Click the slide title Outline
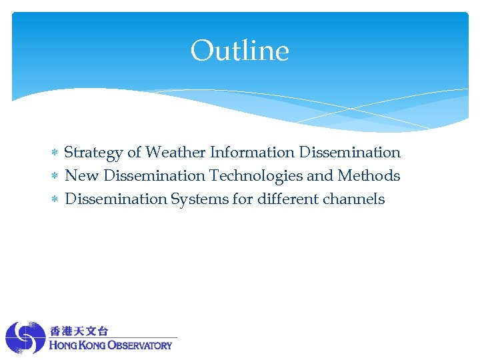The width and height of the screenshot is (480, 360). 240,51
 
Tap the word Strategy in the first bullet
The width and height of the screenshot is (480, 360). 93,153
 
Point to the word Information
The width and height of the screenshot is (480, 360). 253,153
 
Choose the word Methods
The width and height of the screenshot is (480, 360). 369,176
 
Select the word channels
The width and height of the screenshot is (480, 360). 355,199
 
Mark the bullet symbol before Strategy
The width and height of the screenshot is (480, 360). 55,153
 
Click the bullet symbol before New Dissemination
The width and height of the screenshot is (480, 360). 55,177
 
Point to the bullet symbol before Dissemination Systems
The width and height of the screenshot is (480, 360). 55,200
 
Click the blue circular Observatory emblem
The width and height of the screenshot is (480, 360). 25,338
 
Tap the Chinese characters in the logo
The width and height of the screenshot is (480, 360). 79,331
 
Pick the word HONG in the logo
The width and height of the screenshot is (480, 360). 63,345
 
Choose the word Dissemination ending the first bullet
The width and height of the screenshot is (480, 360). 350,153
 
